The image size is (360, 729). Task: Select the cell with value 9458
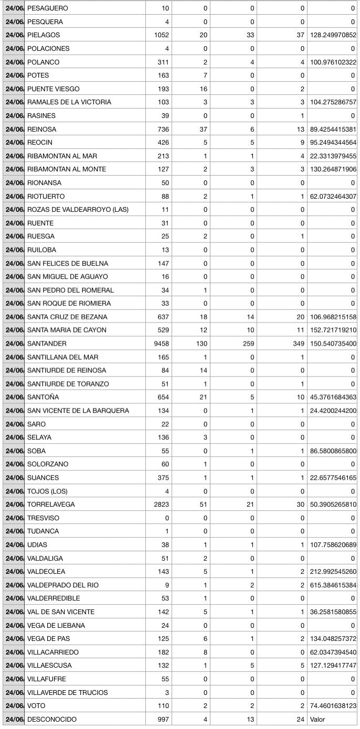(x=158, y=344)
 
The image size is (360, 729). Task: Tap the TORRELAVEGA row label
(x=51, y=505)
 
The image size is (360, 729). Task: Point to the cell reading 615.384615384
(x=333, y=585)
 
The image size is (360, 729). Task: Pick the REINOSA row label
(x=41, y=129)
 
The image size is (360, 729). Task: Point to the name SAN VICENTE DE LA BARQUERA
(x=78, y=411)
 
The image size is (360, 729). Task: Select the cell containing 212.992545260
(x=333, y=572)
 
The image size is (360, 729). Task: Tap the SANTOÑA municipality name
(x=43, y=397)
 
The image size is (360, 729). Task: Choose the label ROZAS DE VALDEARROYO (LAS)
(x=78, y=209)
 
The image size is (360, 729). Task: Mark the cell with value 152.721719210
(x=333, y=330)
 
